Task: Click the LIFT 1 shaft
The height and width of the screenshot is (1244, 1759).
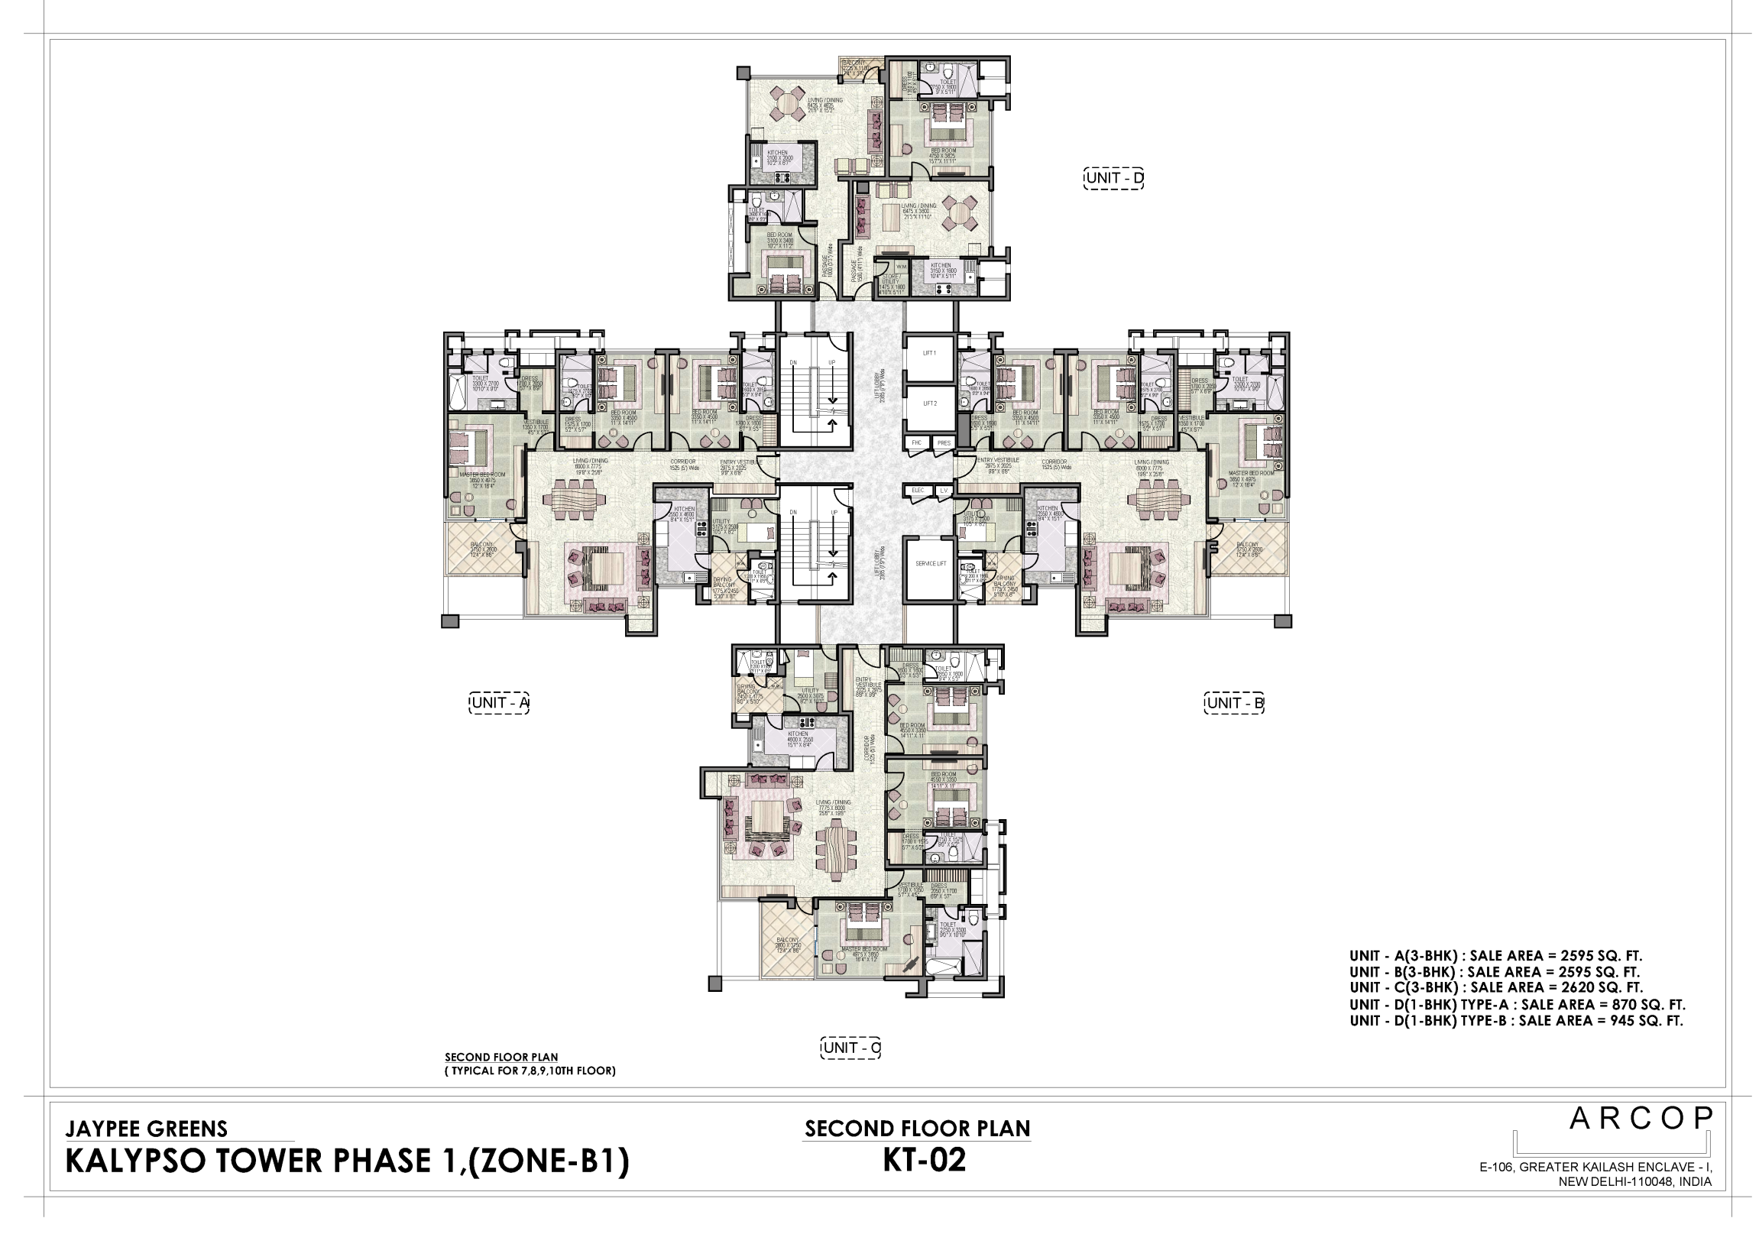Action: pos(929,355)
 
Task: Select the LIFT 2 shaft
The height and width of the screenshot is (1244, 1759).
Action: pos(929,404)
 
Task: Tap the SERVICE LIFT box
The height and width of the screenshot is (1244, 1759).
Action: pos(930,565)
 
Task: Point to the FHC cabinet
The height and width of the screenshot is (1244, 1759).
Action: pos(916,443)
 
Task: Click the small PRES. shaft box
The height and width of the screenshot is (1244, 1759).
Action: pos(943,443)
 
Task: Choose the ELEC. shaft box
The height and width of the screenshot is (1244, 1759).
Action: pos(917,491)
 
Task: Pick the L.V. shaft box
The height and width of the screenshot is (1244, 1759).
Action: pos(944,491)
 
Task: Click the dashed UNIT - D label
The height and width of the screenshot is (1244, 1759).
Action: pos(1113,179)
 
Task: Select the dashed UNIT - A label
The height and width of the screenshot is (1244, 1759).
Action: pos(499,702)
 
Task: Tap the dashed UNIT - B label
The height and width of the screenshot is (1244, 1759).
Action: pos(1233,702)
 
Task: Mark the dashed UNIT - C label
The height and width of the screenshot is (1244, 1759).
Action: pos(850,1048)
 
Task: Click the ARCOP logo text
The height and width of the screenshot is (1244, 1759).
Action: pos(1641,1119)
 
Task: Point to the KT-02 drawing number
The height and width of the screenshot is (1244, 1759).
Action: pos(924,1161)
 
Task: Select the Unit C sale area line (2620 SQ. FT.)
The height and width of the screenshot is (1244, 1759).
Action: pos(1495,987)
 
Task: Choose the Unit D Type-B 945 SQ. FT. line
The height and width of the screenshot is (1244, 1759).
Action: pos(1515,1021)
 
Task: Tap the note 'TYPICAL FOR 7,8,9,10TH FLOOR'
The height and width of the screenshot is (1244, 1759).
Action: pos(530,1071)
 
